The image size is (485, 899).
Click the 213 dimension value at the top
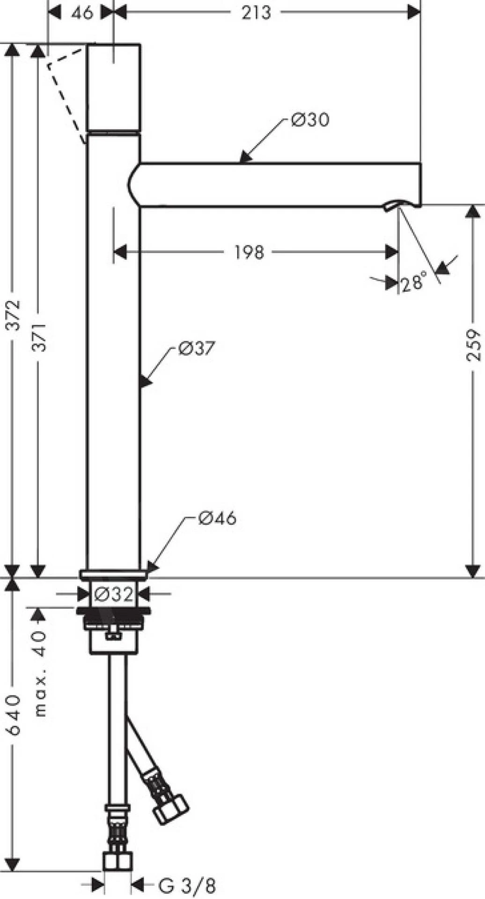[x=256, y=13]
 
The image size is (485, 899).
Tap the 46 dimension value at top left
[x=82, y=13]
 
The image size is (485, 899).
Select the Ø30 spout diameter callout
[x=310, y=120]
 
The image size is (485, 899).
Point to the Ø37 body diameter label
[x=196, y=348]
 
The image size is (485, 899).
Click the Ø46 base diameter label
[x=217, y=518]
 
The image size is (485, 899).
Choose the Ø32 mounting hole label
[x=113, y=595]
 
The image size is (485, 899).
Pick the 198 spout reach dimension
[x=249, y=252]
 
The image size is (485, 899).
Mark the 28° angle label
[x=414, y=283]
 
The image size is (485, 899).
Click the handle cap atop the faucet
[x=114, y=87]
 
